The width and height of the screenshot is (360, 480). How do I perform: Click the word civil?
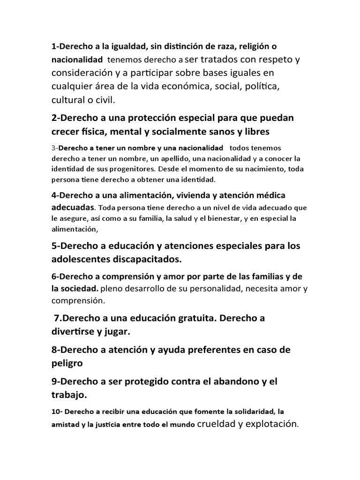(105, 100)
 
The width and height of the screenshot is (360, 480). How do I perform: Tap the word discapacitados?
(145, 259)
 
